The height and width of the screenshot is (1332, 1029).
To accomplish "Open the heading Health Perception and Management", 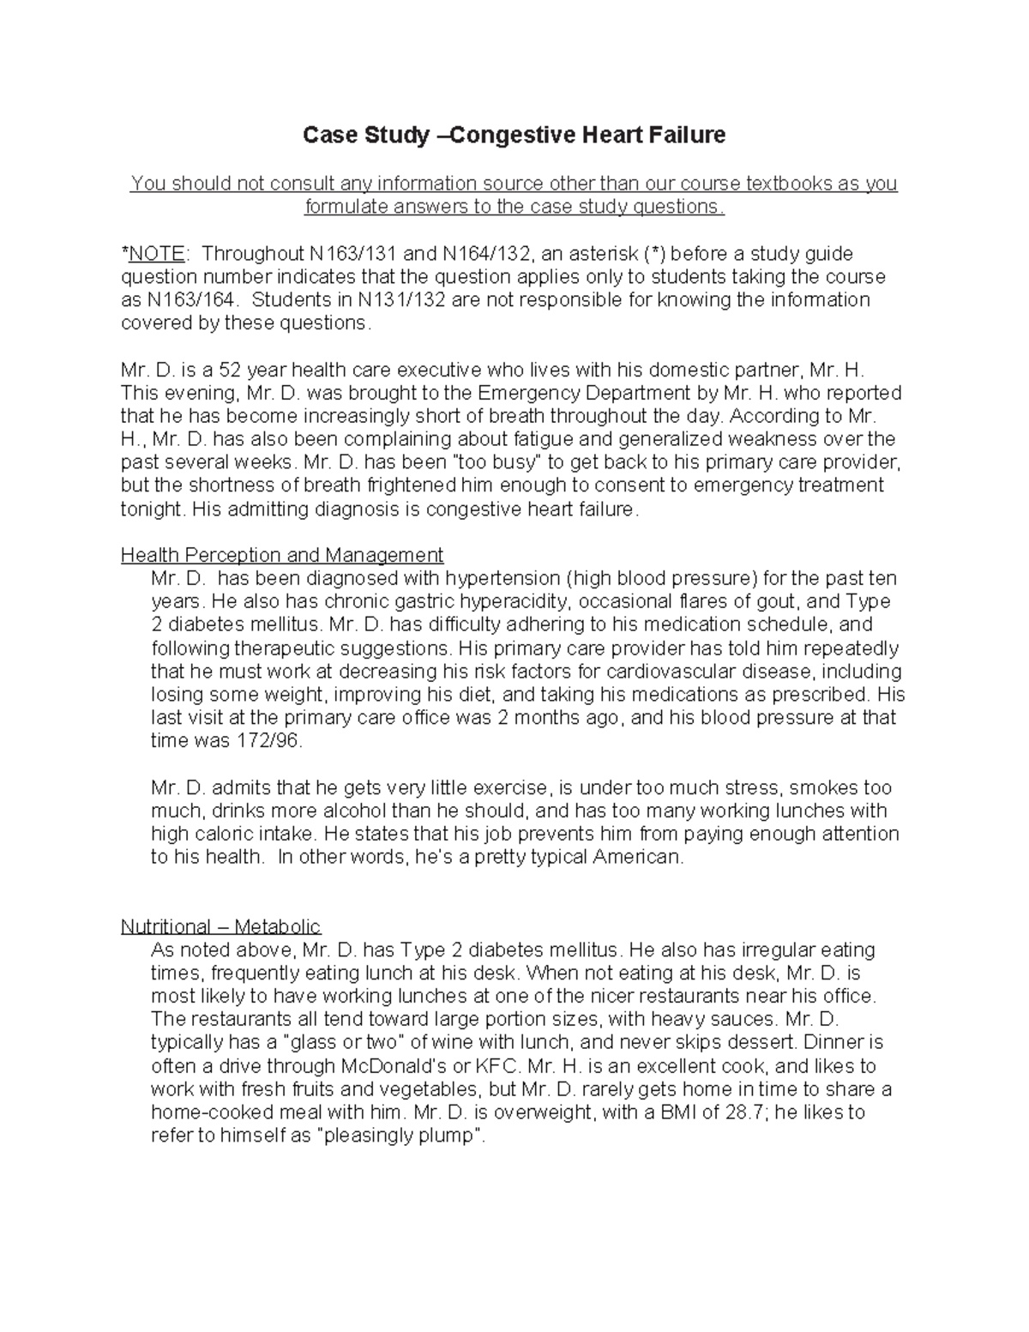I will coord(282,555).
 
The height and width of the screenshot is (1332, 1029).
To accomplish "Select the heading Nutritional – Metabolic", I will coord(220,926).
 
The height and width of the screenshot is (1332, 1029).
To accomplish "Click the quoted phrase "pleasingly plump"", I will coord(400,1136).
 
